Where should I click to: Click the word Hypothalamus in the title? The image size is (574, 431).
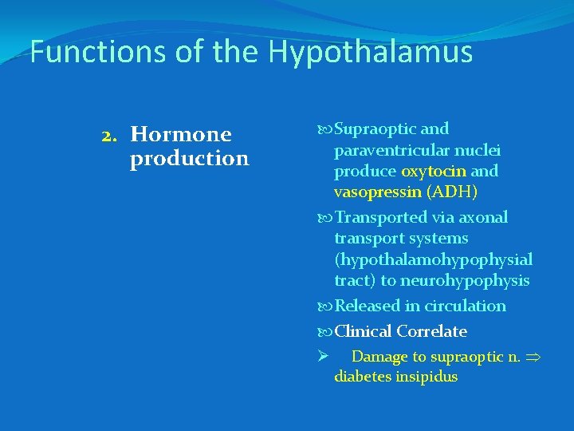[x=371, y=53]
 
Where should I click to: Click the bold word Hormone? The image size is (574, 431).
[x=181, y=134]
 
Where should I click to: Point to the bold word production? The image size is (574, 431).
[x=189, y=158]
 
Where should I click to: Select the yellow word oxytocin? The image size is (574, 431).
[x=434, y=171]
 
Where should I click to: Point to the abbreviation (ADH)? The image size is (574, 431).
[x=452, y=192]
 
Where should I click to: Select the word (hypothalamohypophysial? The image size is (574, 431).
[x=433, y=259]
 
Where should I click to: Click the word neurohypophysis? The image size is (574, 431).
[x=466, y=280]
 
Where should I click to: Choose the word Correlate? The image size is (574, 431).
[x=431, y=331]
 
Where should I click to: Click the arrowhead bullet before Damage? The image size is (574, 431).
[x=323, y=356]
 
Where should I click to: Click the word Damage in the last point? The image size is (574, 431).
[x=379, y=357]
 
